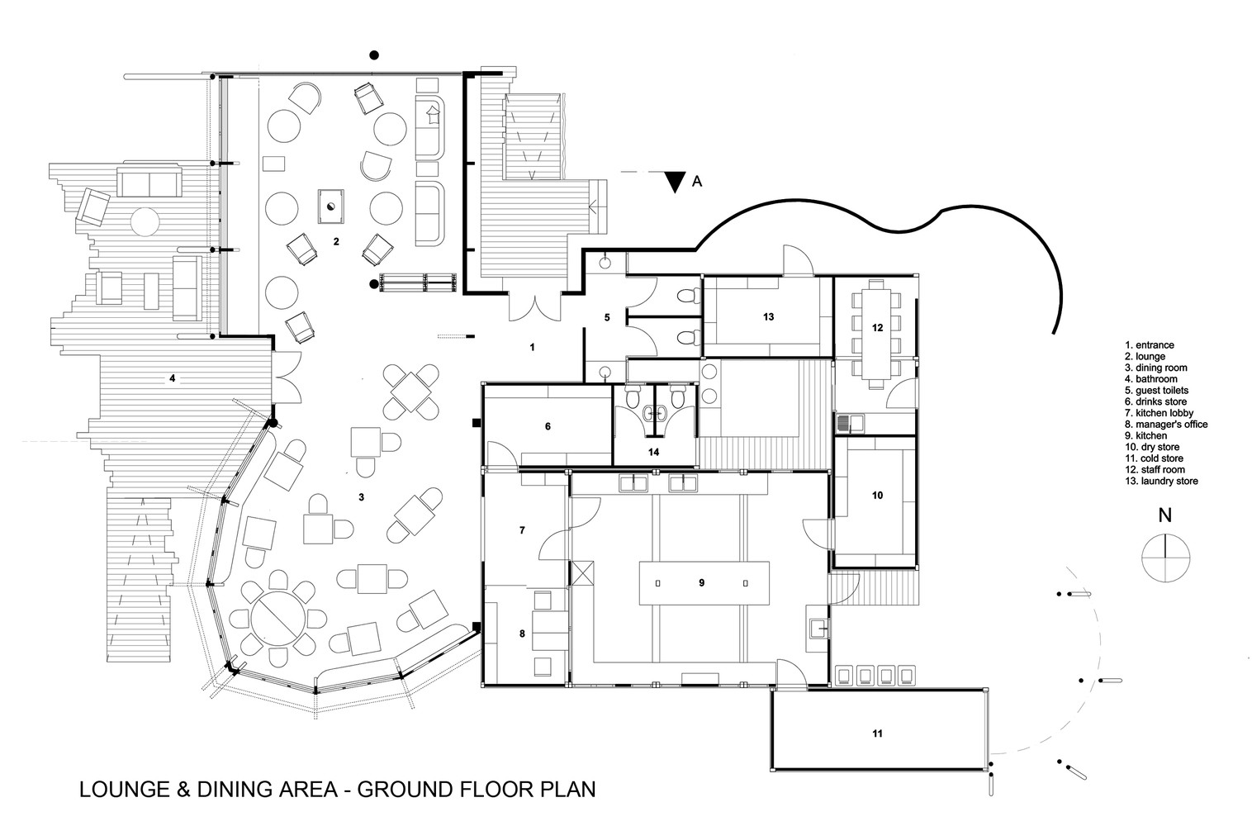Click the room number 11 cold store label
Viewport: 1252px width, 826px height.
coord(877,733)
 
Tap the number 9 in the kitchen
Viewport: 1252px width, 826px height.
coord(701,582)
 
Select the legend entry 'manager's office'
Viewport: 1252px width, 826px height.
coord(1166,425)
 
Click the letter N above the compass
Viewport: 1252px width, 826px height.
coord(1165,515)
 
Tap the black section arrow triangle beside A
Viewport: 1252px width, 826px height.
coord(676,182)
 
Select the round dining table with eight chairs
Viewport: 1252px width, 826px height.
coord(277,617)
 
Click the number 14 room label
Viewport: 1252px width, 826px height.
coord(653,452)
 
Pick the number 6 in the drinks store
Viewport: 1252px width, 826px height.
coord(548,426)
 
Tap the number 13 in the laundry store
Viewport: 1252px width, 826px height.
coord(769,317)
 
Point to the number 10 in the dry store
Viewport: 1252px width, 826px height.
coord(877,495)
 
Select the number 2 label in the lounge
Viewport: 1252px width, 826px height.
coord(336,241)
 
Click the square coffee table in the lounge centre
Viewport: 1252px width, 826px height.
coord(331,206)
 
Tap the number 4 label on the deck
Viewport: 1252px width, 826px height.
coord(172,378)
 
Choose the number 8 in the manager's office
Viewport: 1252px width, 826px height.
coord(522,634)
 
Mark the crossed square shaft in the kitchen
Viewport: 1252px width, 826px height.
coord(581,573)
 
